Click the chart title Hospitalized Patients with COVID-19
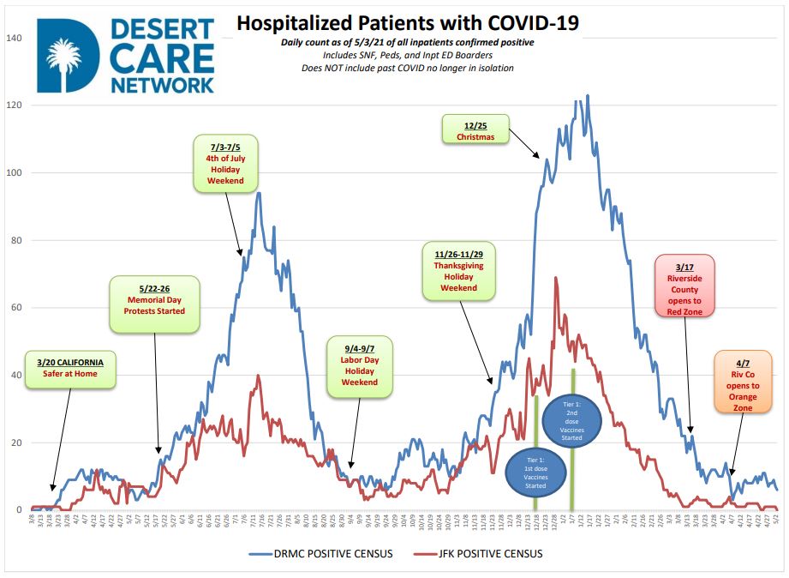[407, 23]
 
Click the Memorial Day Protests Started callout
[154, 304]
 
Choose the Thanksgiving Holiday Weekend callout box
[459, 271]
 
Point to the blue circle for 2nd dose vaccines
[573, 420]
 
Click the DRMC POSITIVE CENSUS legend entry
[322, 554]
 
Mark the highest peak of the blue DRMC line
[587, 95]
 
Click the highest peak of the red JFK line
[556, 277]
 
